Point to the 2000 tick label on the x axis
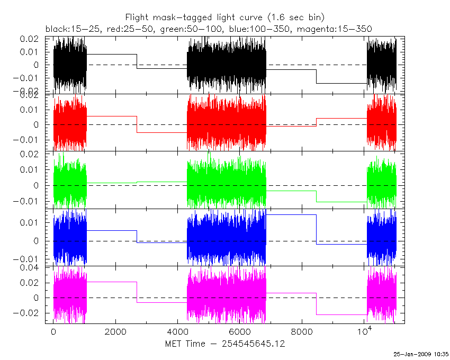(x=115, y=332)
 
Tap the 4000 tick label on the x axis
(x=177, y=332)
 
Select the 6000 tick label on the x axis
(x=239, y=332)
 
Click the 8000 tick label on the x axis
(x=301, y=332)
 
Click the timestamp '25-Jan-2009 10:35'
(x=421, y=354)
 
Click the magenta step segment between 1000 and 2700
(x=111, y=282)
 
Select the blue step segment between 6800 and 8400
(x=291, y=215)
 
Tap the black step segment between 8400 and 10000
(x=341, y=83)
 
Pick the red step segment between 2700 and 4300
(x=161, y=132)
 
